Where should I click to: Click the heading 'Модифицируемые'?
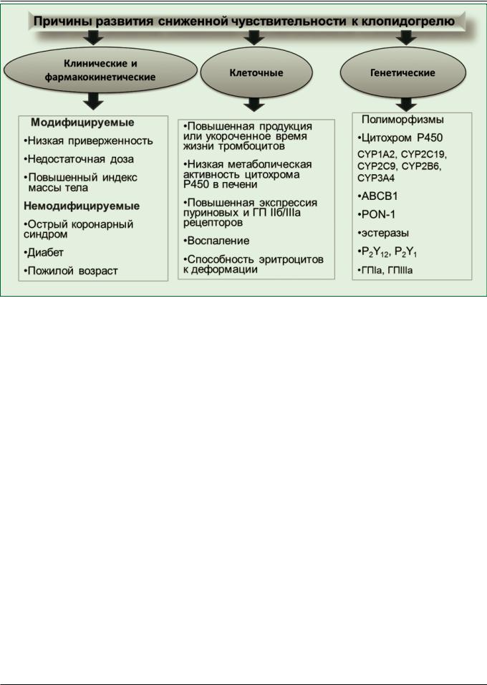tap(82, 123)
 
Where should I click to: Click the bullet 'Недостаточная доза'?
tap(79, 158)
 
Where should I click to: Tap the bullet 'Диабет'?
tap(47, 252)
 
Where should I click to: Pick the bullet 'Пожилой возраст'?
tap(73, 271)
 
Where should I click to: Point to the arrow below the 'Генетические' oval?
tap(409, 105)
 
